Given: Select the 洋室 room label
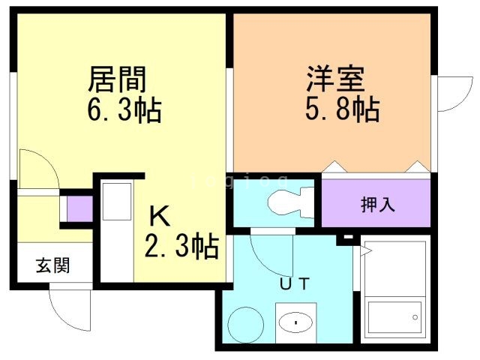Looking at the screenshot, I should tap(334, 77).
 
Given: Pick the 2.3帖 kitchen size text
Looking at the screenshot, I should tap(181, 245).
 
